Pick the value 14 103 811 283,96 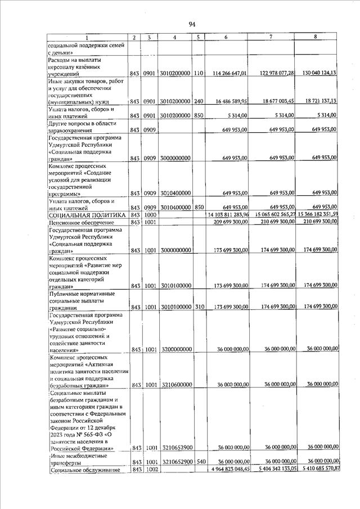pyautogui.click(x=228, y=215)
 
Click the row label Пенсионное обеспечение pyautogui.click(x=80, y=223)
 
